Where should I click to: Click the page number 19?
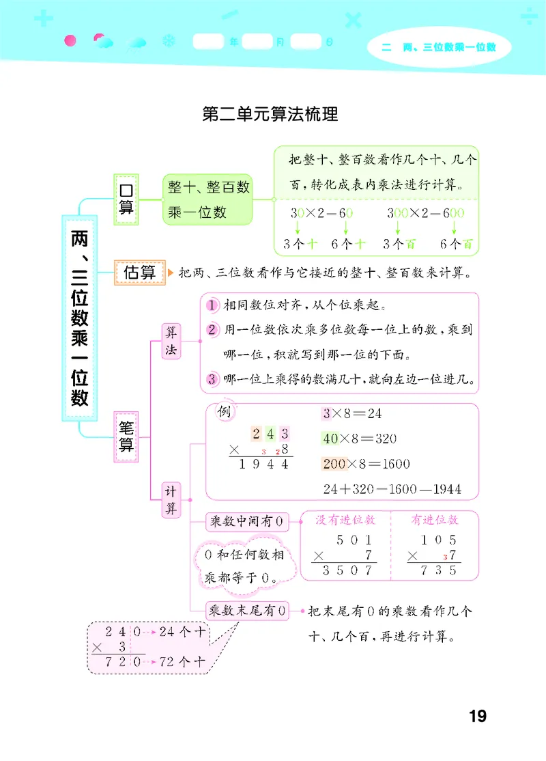(477, 717)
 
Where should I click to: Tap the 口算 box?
(126, 198)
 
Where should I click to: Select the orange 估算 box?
(140, 272)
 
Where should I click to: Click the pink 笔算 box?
(126, 436)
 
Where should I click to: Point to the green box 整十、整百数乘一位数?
(207, 199)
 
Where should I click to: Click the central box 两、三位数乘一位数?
(81, 318)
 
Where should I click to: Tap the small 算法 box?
(171, 340)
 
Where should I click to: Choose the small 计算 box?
(171, 499)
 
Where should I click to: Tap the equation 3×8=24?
(351, 413)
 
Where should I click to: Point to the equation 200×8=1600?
(365, 464)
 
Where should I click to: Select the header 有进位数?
(434, 520)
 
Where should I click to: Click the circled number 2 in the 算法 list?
(212, 330)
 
